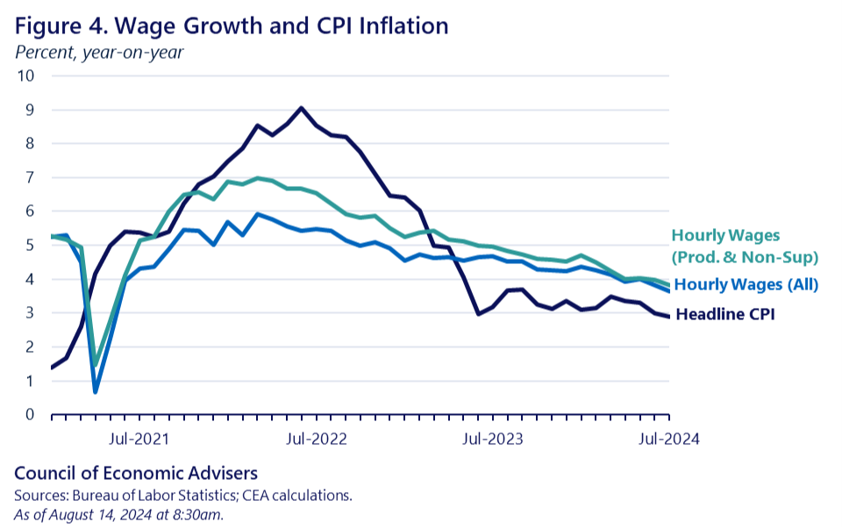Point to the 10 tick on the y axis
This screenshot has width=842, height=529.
(x=25, y=75)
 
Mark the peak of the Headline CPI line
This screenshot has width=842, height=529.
(x=301, y=108)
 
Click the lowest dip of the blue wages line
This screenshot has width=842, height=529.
(x=95, y=391)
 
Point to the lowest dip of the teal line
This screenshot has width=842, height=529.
(x=95, y=365)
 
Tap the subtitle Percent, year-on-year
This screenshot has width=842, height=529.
(x=99, y=52)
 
